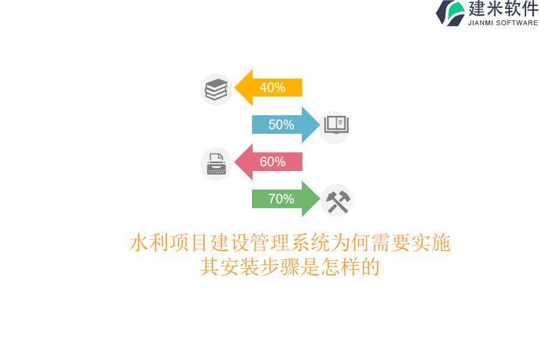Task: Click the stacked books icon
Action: (x=217, y=89)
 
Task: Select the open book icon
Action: (x=335, y=125)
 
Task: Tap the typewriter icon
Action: (x=217, y=163)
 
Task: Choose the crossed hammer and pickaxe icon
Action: (x=337, y=200)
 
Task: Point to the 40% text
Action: (x=272, y=88)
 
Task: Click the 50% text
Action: (x=281, y=125)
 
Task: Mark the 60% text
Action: (x=272, y=162)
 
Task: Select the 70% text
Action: (x=281, y=199)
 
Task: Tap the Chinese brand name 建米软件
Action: (x=503, y=9)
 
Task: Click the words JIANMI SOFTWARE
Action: (x=503, y=23)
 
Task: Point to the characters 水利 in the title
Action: (x=149, y=243)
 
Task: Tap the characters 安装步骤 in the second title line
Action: (x=260, y=267)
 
